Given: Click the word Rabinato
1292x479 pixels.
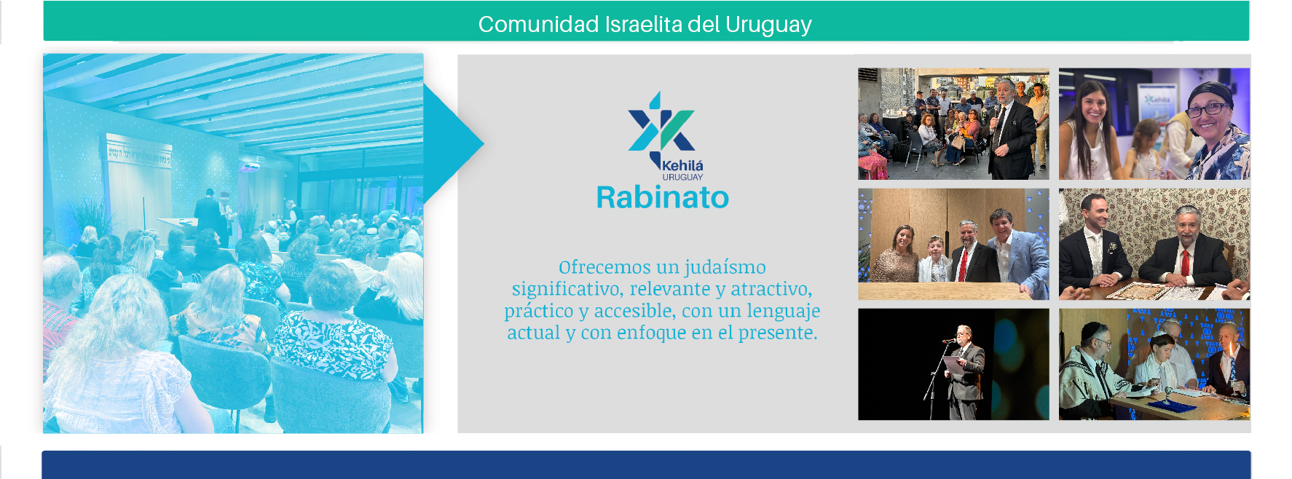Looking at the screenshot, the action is pos(662,197).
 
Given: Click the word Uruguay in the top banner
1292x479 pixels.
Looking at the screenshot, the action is pos(768,25).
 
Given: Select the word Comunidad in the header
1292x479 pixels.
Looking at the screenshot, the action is pos(538,24).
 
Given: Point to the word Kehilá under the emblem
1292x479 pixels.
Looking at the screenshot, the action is pos(682,165).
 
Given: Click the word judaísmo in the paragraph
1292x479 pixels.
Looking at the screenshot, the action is pos(725,267).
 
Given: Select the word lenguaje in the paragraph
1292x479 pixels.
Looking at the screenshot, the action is pos(784,312).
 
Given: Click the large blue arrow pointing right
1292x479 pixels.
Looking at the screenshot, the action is pos(452,143).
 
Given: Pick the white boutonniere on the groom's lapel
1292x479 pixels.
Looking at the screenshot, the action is pos(1112,248).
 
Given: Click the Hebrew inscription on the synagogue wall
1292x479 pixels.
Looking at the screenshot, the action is pos(138,154).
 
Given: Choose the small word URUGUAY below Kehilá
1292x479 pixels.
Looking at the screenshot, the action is pos(682,177).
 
